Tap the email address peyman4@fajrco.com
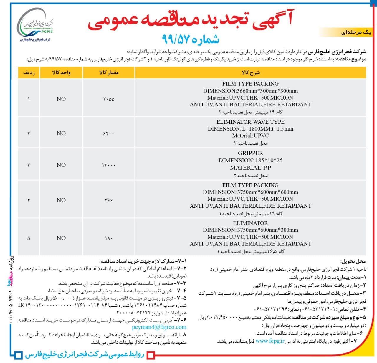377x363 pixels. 159,327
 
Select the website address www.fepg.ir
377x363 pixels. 270,341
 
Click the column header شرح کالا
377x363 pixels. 250,72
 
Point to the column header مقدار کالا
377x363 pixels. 109,72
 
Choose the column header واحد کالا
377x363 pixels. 61,72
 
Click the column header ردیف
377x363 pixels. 29,72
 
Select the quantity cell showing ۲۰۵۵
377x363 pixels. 109,99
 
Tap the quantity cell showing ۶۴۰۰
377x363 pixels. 109,133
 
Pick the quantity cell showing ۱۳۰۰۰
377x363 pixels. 109,165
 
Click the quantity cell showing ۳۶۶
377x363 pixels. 109,200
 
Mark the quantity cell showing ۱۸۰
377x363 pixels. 109,238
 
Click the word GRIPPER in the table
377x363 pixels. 250,153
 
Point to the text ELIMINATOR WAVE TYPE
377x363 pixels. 250,122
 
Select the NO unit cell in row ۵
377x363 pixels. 61,238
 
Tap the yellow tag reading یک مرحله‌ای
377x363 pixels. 356,32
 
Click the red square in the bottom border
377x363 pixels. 151,355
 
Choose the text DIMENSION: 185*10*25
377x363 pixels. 250,160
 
